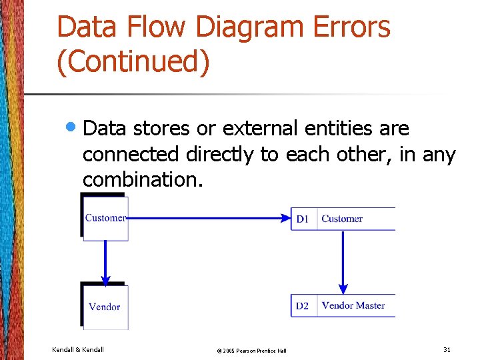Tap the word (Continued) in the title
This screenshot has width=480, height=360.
133,62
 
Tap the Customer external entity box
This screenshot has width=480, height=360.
105,218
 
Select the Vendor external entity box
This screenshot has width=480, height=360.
105,307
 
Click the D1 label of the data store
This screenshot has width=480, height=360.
303,219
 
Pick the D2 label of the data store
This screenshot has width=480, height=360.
303,306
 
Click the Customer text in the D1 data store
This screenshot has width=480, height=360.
342,219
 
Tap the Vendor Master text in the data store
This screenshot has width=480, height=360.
353,305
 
